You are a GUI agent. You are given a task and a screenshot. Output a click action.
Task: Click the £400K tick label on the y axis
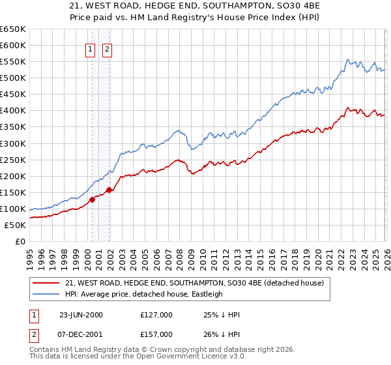point(12,111)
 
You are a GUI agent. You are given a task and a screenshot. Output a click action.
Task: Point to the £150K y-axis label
point(12,192)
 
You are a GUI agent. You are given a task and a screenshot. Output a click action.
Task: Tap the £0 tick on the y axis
point(20,241)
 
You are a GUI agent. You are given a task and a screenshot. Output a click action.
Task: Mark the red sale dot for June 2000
point(93,200)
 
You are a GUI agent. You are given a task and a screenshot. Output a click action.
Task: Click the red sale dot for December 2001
point(109,190)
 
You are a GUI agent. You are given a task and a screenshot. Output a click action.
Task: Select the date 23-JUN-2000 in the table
point(81,314)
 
